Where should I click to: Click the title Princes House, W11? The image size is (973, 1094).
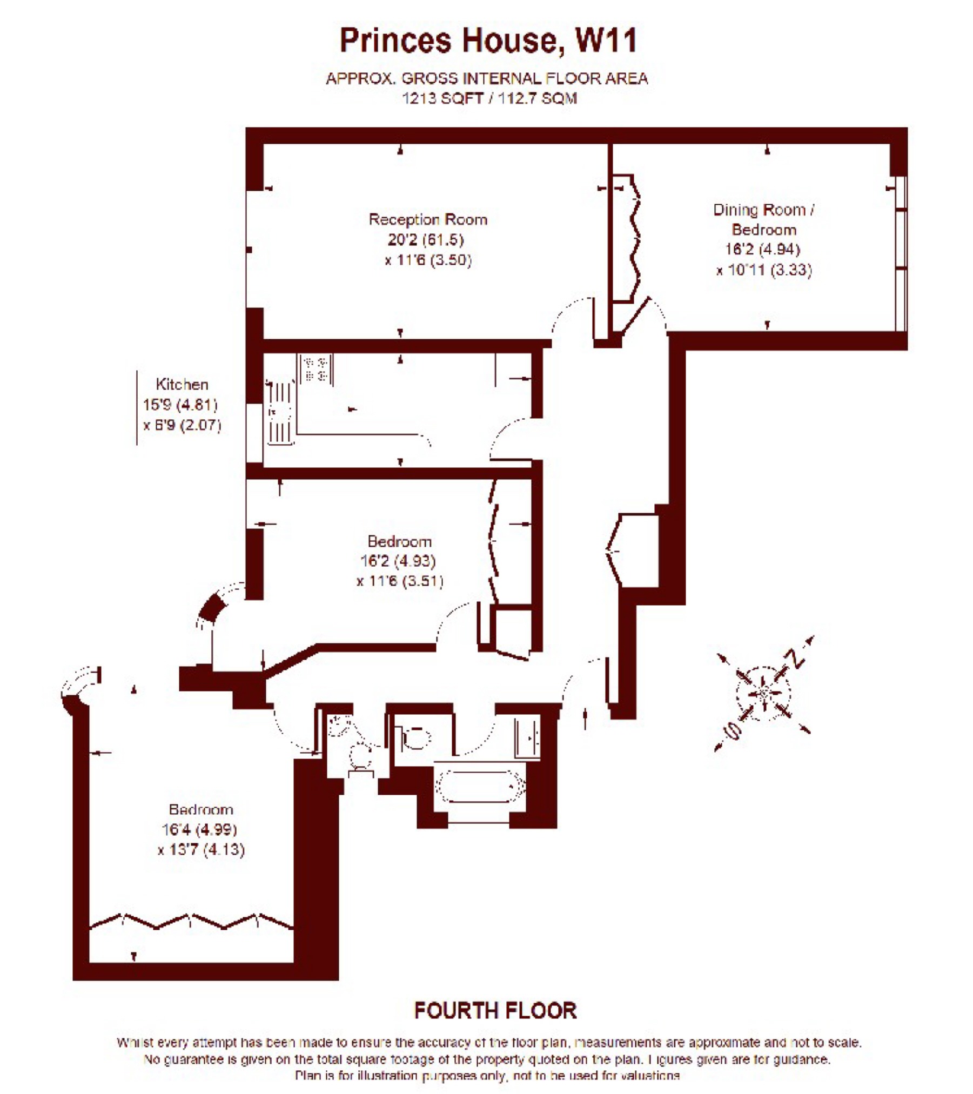(x=488, y=41)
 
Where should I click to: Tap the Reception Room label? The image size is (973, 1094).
(x=428, y=219)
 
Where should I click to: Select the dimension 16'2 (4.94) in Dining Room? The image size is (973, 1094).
(x=762, y=249)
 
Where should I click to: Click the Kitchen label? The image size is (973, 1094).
(x=182, y=384)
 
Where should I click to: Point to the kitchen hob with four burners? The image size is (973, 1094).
(x=315, y=368)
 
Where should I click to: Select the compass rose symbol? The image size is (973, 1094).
(x=763, y=693)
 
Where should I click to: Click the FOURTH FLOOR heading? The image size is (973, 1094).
(x=495, y=1010)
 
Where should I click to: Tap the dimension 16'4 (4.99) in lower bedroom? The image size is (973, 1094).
(x=199, y=829)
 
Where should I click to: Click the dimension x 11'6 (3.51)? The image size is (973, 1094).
(x=400, y=581)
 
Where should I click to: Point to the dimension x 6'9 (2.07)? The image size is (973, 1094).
(x=182, y=425)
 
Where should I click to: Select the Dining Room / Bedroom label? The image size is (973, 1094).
(x=763, y=219)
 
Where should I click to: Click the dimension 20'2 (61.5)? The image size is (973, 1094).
(x=426, y=239)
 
